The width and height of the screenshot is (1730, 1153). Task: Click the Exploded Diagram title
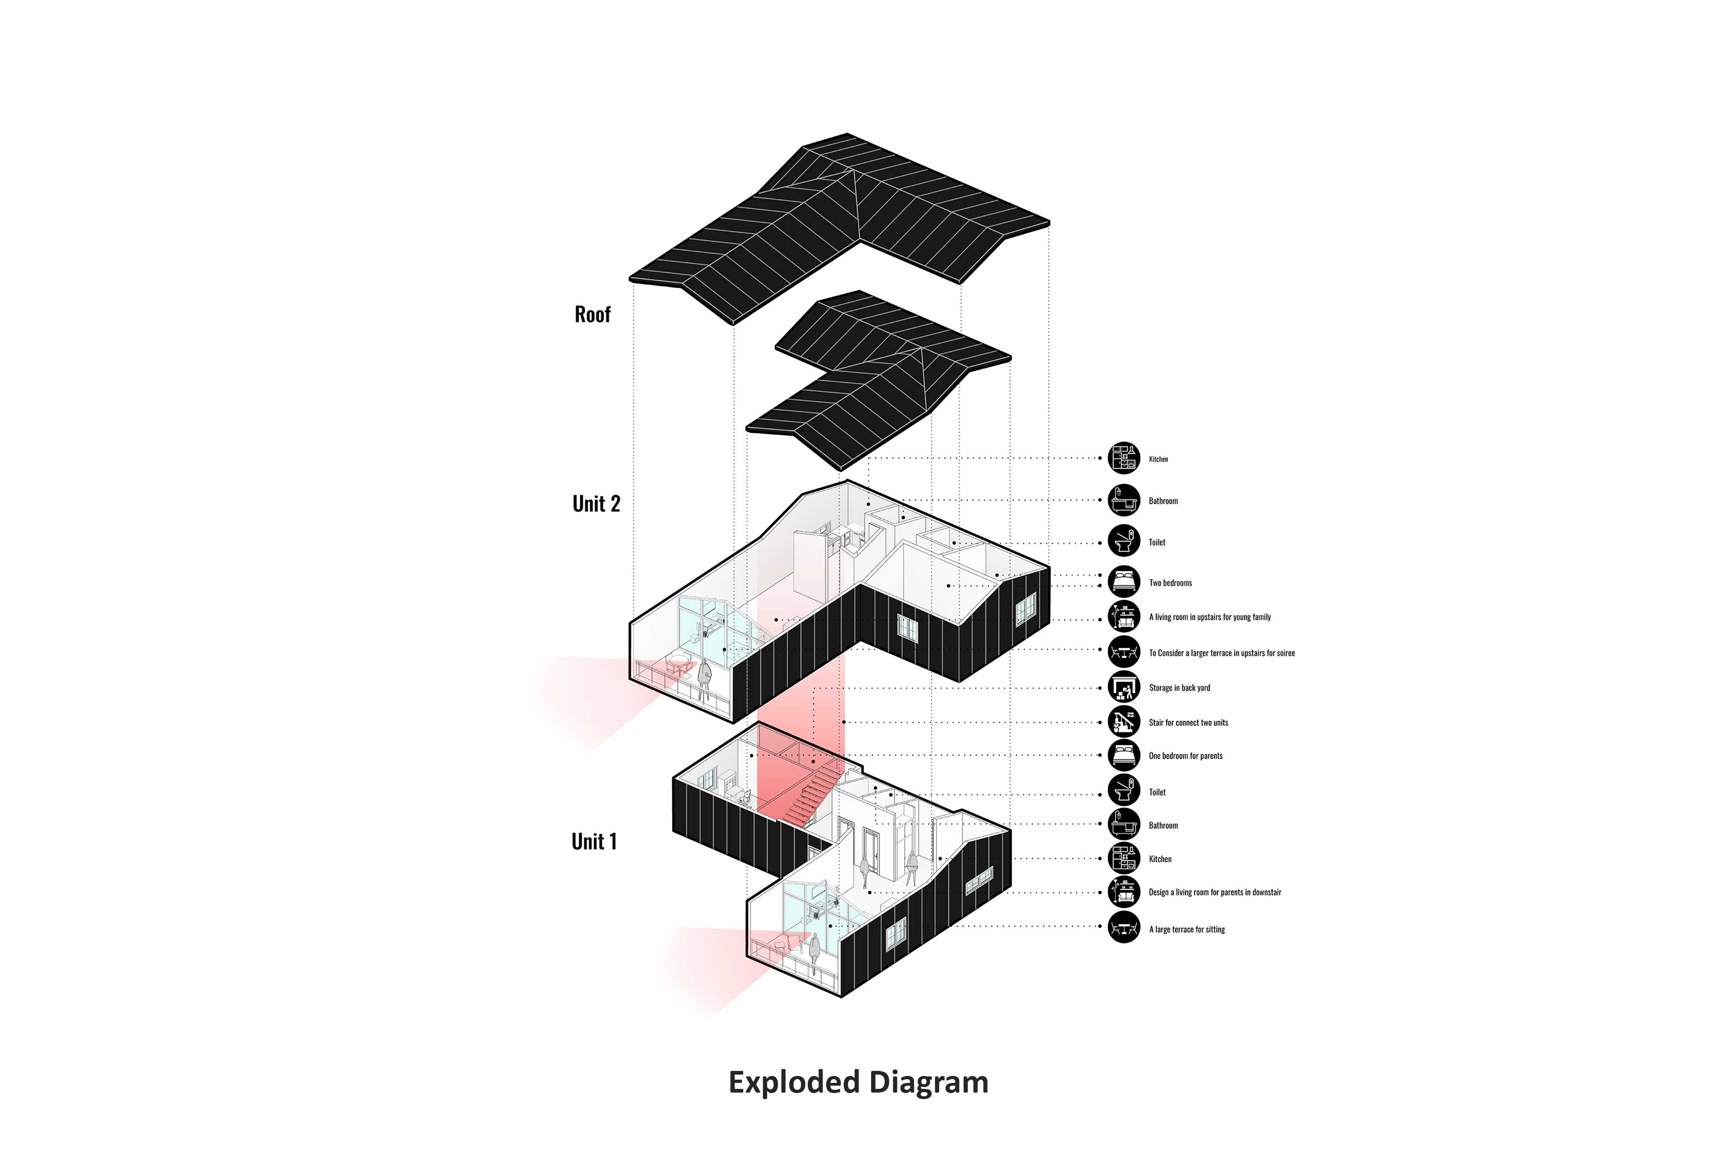click(x=859, y=1082)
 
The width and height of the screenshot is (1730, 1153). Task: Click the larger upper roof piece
click(x=839, y=228)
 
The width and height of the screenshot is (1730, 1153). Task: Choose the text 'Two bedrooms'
click(x=1170, y=583)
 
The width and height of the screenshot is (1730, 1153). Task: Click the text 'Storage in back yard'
click(x=1179, y=688)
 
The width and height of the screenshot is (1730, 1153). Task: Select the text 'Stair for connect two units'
click(x=1188, y=723)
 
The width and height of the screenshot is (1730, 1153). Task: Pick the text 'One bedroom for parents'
click(x=1186, y=756)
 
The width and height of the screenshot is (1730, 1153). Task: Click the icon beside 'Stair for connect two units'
click(x=1124, y=722)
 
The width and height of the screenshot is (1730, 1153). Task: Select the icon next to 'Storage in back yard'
click(x=1124, y=688)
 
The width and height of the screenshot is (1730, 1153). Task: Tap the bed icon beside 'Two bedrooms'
click(x=1124, y=582)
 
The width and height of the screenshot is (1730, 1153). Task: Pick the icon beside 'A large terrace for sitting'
click(x=1124, y=927)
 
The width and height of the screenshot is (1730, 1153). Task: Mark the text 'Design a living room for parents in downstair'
click(x=1214, y=893)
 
